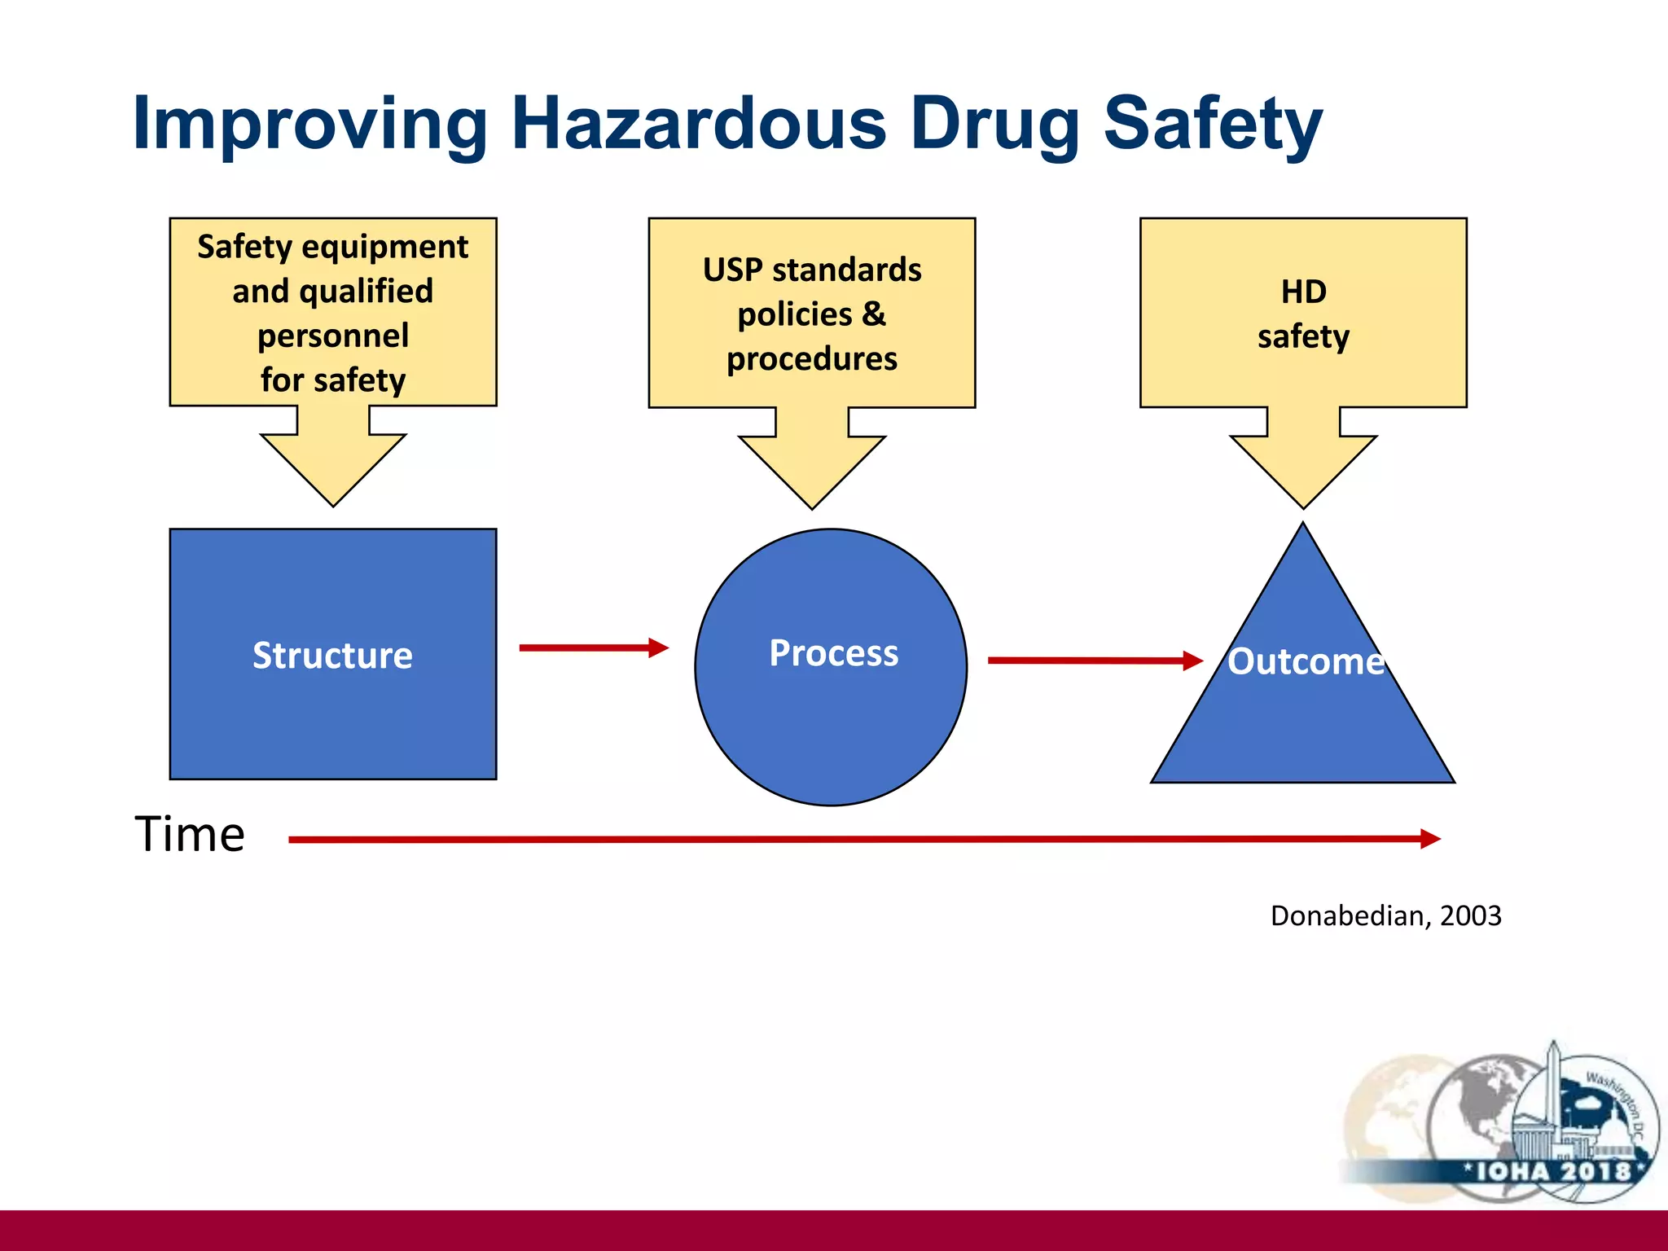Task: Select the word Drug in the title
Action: coord(994,124)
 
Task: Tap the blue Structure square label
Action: coord(332,656)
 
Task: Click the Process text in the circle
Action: coord(834,653)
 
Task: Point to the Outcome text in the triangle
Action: coord(1306,661)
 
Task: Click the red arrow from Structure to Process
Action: coord(593,648)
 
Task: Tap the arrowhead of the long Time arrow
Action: coord(1429,839)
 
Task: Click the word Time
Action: coord(190,834)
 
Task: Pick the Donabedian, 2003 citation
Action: coord(1385,915)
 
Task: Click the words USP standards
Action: coord(812,270)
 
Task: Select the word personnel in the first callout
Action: coord(333,336)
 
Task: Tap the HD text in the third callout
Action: coord(1303,292)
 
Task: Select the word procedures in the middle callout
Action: coord(812,358)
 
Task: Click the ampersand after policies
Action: coord(873,314)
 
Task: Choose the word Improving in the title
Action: coord(309,124)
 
